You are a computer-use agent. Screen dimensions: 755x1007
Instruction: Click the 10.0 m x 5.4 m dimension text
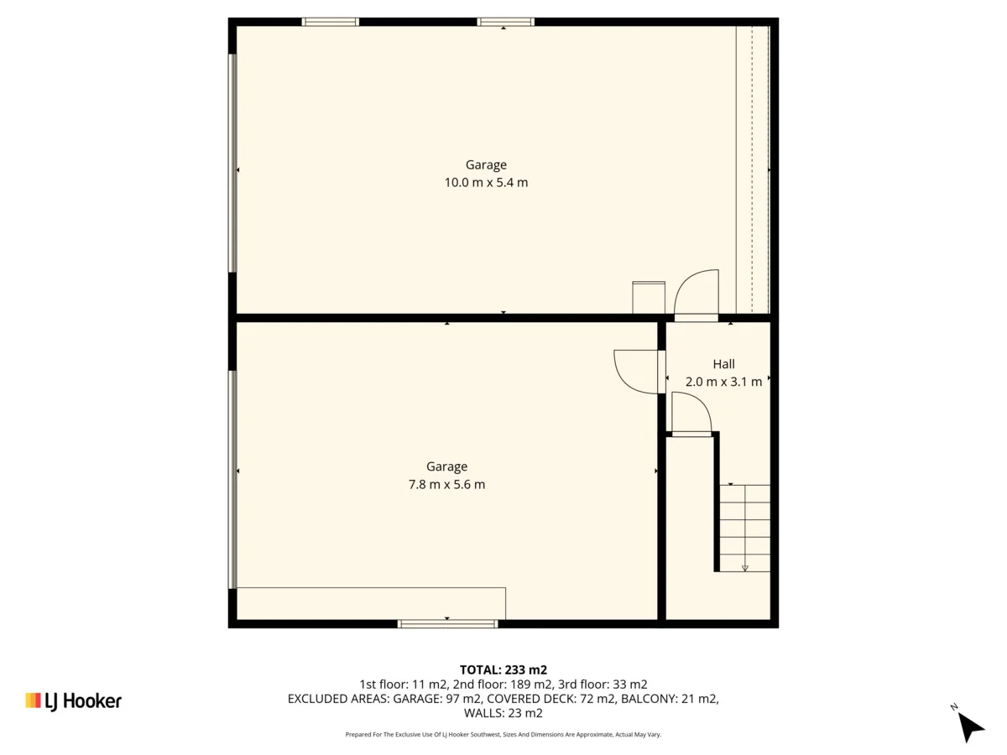[486, 183]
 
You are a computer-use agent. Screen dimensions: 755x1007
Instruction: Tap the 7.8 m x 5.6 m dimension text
[446, 485]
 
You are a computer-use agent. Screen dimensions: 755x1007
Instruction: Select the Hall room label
[723, 364]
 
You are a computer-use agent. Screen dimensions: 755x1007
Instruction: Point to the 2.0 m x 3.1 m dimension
[723, 382]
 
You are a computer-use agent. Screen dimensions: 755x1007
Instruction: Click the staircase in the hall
[744, 528]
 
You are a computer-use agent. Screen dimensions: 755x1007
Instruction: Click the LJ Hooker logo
[74, 700]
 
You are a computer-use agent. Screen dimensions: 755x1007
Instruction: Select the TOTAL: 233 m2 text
[503, 669]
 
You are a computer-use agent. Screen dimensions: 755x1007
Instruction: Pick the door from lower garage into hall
[638, 372]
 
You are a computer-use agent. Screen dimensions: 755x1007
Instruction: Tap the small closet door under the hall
[691, 415]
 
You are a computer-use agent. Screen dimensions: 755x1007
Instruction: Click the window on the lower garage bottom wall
[447, 623]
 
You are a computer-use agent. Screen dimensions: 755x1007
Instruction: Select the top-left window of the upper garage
[331, 22]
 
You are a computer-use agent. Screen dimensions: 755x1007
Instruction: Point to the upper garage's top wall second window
[505, 22]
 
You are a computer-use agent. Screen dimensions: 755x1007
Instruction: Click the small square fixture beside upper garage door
[648, 297]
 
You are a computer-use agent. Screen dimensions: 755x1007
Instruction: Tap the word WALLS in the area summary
[486, 714]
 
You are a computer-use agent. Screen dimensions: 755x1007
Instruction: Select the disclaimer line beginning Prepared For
[503, 734]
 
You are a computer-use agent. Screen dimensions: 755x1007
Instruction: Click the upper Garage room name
[486, 165]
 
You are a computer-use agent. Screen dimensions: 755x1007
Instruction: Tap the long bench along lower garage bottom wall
[371, 603]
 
